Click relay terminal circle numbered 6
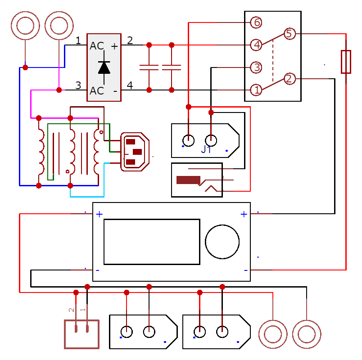pos(256,22)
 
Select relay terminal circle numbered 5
pos(289,34)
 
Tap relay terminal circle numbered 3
pos(256,67)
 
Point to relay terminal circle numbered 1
pos(256,90)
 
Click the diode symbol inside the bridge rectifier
pos(104,67)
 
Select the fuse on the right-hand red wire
pos(346,62)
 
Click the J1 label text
pos(206,150)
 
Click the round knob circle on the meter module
pos(222,242)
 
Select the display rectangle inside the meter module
pos(152,242)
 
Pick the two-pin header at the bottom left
pos(81,333)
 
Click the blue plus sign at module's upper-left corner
pos(99,214)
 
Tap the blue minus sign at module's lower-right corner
pos(245,270)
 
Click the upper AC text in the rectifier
pos(97,46)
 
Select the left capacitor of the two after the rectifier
pos(149,67)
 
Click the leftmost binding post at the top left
pos(25,26)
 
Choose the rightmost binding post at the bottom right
pos(307,334)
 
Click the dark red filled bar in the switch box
pos(188,180)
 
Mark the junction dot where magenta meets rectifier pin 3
pos(59,90)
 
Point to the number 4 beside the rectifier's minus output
pos(130,85)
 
